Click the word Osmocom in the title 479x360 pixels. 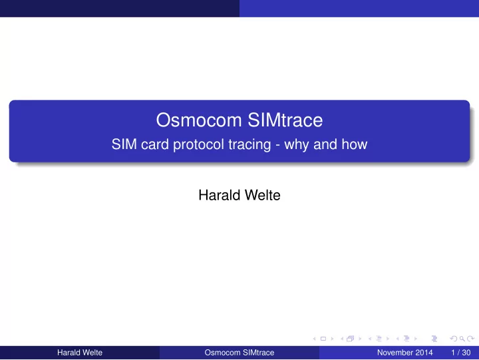tap(199, 120)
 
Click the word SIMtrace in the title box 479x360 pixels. tap(285, 120)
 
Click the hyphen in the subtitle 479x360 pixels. tap(277, 146)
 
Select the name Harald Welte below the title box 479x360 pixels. tap(239, 195)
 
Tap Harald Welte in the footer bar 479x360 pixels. tap(80, 353)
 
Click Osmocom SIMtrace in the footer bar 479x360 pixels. tap(239, 353)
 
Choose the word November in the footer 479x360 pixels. tap(395, 353)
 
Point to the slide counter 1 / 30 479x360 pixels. tap(461, 353)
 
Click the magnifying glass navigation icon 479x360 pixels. tap(462, 339)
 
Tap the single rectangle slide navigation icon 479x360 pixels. tap(323, 339)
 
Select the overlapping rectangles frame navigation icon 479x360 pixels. tap(351, 339)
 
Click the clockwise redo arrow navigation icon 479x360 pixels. tap(471, 339)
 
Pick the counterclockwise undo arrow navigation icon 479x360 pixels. tap(454, 339)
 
